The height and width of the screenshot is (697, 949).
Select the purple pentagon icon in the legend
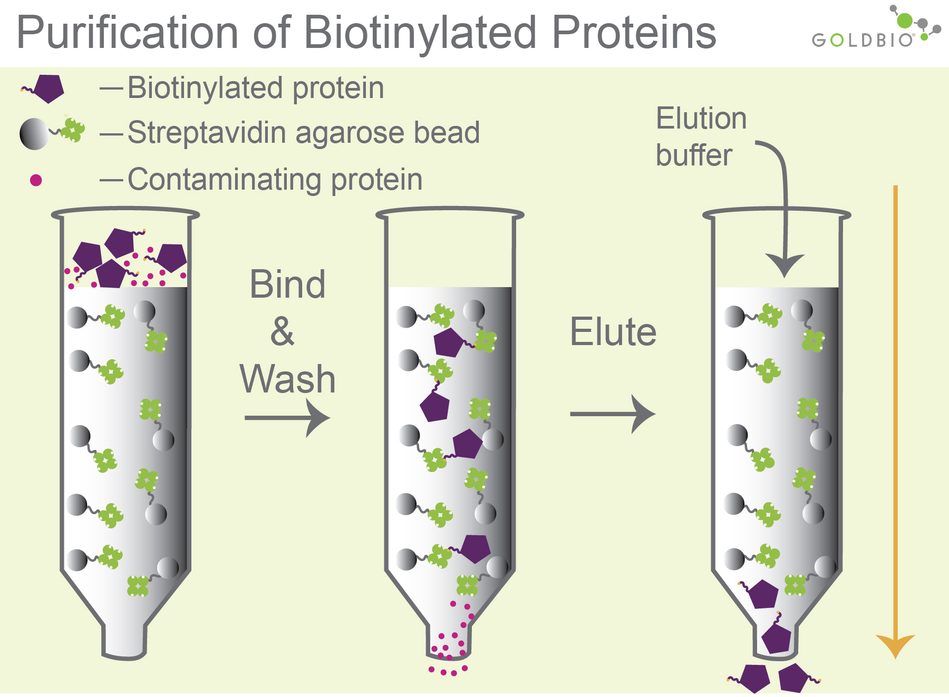(x=49, y=89)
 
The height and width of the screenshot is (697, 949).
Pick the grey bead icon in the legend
(x=34, y=134)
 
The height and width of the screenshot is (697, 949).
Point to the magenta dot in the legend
(x=36, y=180)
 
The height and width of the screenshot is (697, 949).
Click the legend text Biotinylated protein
(x=256, y=88)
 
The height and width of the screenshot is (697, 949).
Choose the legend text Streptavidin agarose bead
(x=303, y=132)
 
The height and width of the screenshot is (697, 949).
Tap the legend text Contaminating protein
(x=275, y=180)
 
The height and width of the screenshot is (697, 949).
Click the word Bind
(x=287, y=284)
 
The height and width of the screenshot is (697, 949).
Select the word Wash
(x=287, y=379)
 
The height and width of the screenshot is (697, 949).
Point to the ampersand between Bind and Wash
(x=283, y=332)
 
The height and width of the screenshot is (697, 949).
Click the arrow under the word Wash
(x=287, y=418)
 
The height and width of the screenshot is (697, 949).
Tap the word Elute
(x=613, y=332)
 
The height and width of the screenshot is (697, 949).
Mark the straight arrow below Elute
(x=613, y=414)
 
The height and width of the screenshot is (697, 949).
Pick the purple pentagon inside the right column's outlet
(x=777, y=638)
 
